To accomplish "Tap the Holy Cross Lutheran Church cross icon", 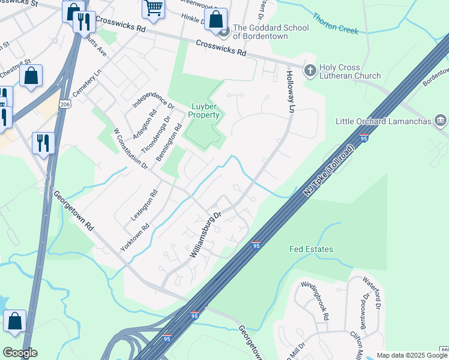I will tap(310, 71).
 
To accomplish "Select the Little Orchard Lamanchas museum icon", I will tap(441, 122).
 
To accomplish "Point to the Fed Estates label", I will tap(311, 249).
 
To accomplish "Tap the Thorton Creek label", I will tap(336, 25).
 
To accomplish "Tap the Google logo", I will tap(20, 353).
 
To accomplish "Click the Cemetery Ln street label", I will tap(84, 86).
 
